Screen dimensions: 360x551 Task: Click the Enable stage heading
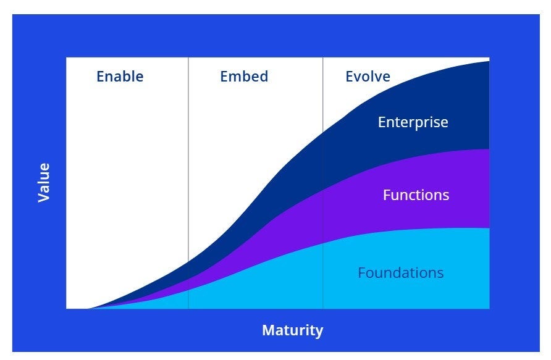[x=120, y=77]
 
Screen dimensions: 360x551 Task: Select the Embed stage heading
[x=244, y=77]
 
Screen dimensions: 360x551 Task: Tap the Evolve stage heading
[x=368, y=77]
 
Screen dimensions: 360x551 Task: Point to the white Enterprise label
[x=413, y=122]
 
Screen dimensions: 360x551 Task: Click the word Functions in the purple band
[x=416, y=195]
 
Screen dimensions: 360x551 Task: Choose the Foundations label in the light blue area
[x=400, y=272]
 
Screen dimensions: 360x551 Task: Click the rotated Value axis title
[x=43, y=183]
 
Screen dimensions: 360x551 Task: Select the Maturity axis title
[x=292, y=330]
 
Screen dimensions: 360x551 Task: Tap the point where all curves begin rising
[x=88, y=308]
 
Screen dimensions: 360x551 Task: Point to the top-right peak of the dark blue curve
[x=488, y=61]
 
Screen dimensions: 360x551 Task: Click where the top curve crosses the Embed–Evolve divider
[x=322, y=133]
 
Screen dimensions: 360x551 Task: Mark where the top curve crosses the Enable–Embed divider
[x=188, y=262]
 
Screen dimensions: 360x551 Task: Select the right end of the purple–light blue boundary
[x=489, y=228]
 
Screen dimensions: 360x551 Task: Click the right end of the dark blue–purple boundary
[x=489, y=149]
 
